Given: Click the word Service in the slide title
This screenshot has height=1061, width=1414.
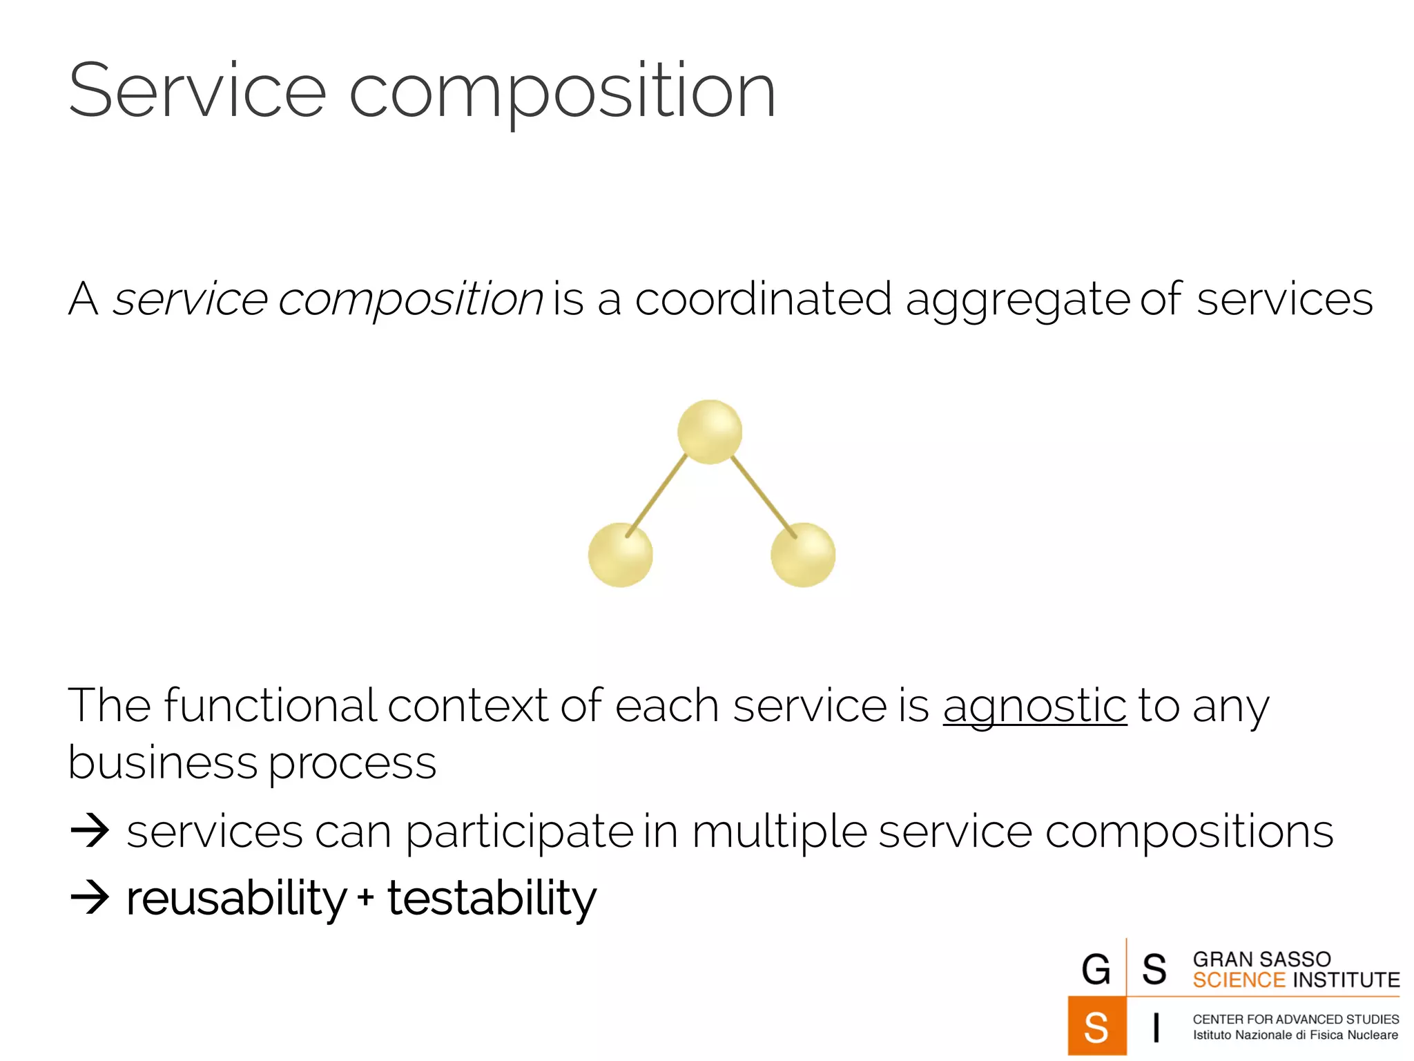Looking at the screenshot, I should [197, 91].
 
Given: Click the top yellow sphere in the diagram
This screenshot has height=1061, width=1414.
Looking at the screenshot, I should [709, 431].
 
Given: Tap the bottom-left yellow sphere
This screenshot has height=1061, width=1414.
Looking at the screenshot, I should [620, 555].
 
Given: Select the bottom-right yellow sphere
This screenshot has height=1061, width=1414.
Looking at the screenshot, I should [802, 555].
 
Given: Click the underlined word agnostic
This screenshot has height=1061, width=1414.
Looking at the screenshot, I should [1034, 706].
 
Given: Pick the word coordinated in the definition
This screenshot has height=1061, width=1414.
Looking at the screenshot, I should [763, 299].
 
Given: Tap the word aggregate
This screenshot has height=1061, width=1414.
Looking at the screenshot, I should [1017, 300].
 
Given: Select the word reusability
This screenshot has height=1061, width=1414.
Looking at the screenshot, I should [236, 899].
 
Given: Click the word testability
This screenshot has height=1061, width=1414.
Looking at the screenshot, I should [492, 899].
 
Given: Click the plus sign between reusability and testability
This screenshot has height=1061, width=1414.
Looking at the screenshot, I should [366, 898].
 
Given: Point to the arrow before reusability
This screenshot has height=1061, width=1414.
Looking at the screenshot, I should [90, 898].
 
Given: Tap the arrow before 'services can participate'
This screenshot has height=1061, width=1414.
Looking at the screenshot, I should [90, 831].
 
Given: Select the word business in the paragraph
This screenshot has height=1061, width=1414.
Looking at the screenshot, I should [163, 763].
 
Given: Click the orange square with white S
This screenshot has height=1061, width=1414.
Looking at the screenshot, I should [1096, 1026].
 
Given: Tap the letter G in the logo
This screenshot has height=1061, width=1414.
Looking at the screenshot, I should [1096, 969].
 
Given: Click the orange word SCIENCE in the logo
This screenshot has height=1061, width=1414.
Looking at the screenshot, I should [1239, 980].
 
